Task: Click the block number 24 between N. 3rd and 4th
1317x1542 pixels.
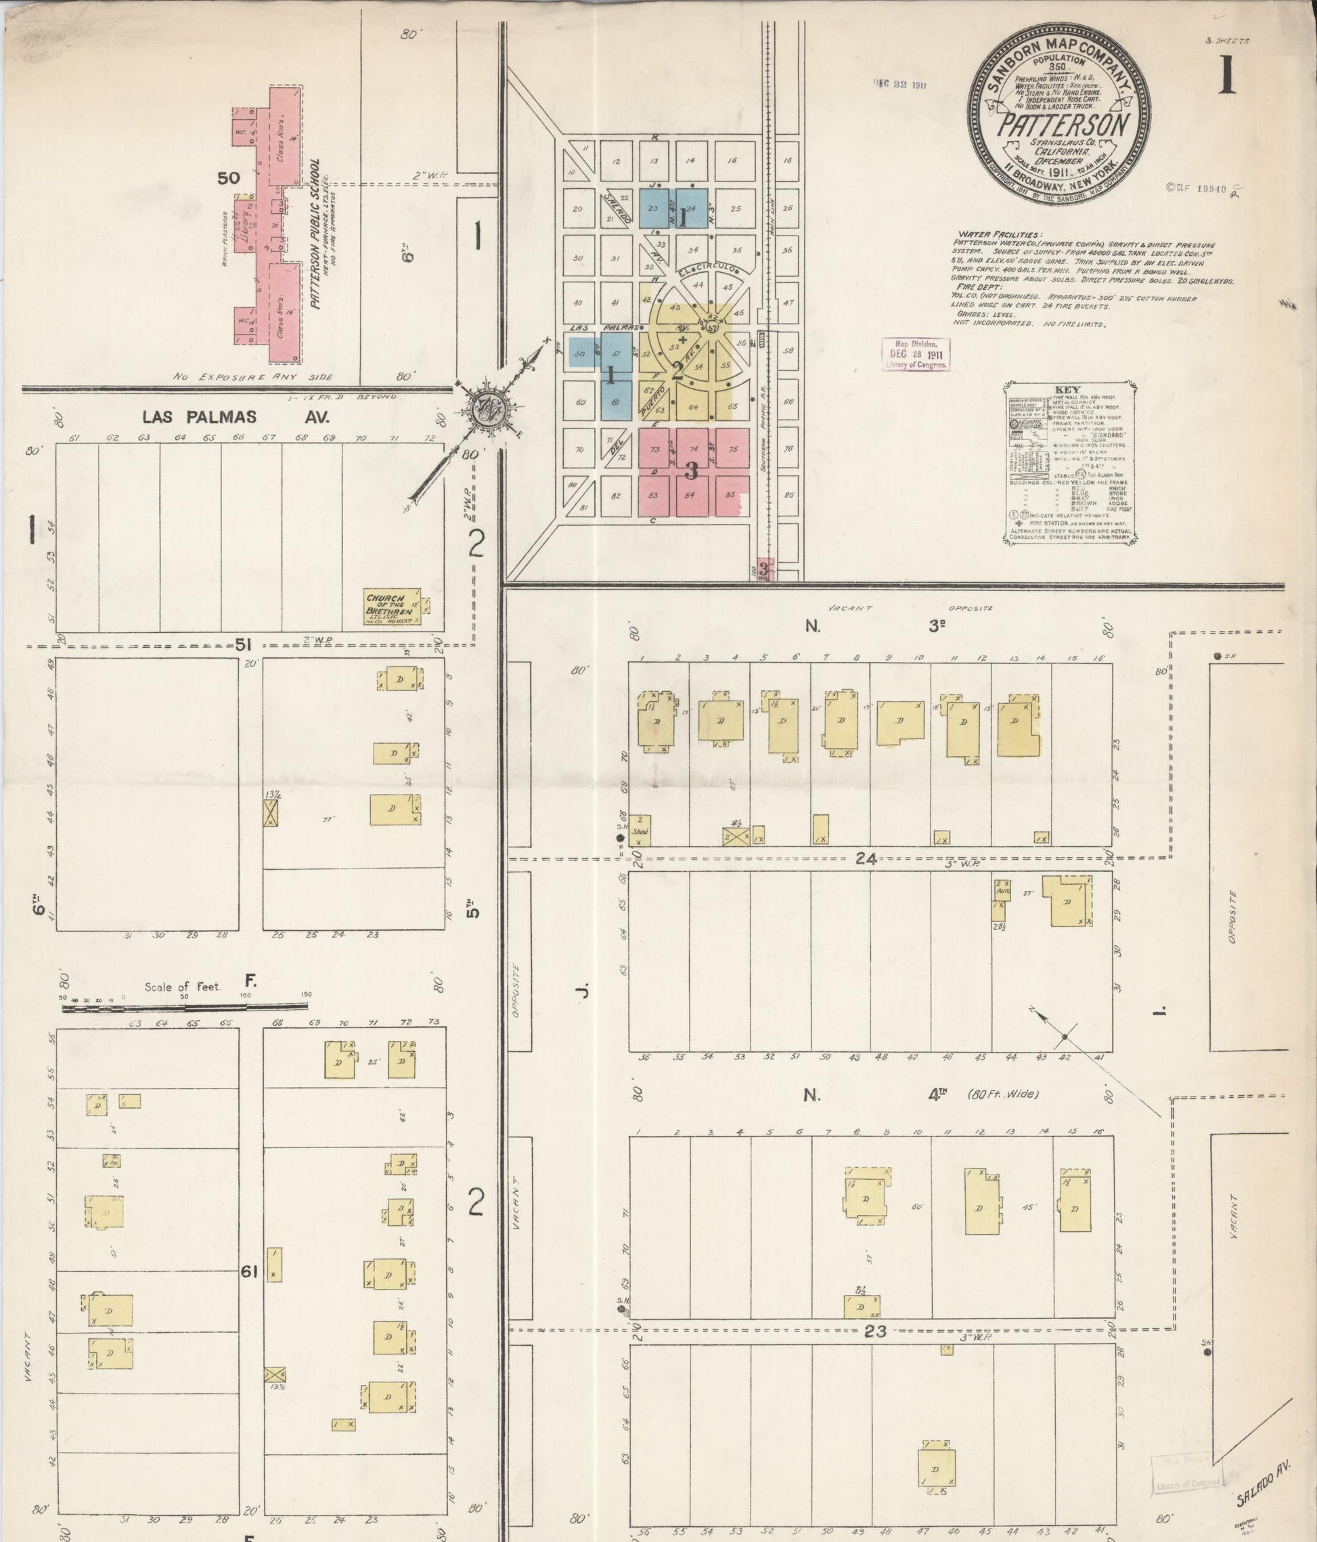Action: coord(865,859)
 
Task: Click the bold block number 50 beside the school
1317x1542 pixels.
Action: coord(229,178)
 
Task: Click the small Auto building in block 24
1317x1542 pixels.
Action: coord(1003,889)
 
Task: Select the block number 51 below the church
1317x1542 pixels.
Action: coord(241,644)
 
